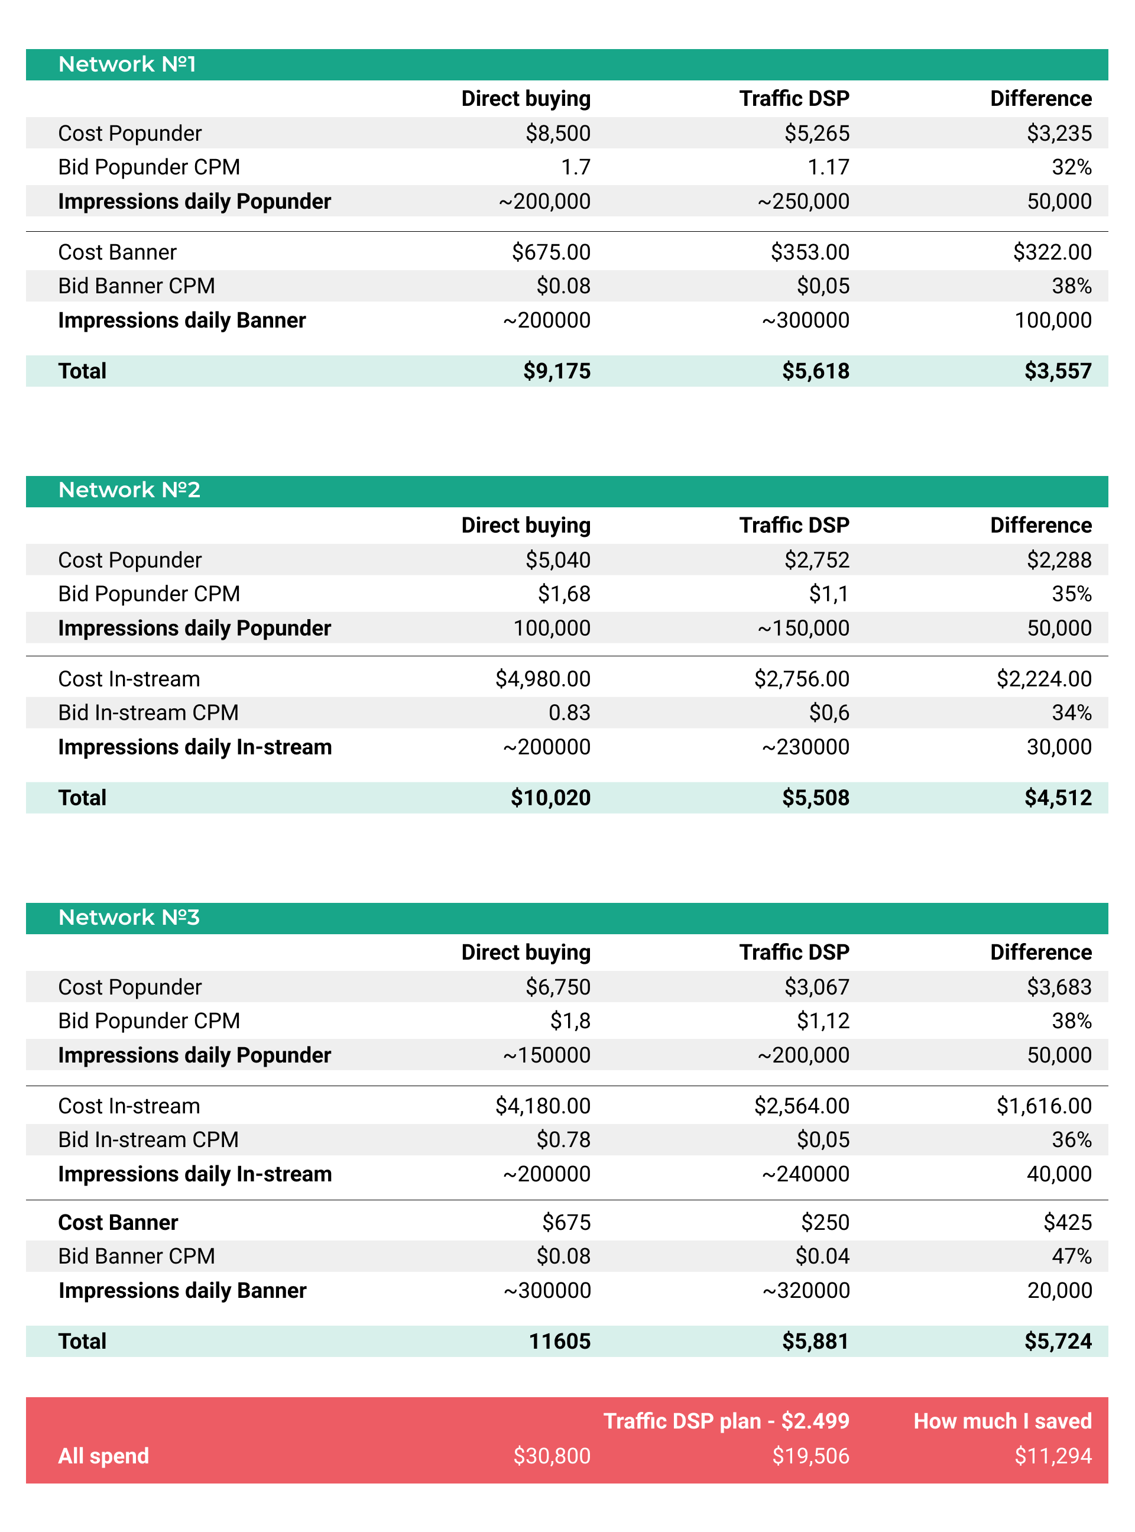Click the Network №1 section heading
127,64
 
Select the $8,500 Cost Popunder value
557,133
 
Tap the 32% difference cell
1071,167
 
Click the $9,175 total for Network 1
556,371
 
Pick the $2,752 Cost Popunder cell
816,560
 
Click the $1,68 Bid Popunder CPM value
563,594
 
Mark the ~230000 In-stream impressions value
805,747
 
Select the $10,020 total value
550,798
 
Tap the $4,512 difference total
1058,798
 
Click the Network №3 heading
128,918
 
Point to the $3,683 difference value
1059,987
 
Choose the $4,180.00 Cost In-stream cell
543,1106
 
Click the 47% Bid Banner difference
1071,1256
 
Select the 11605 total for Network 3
559,1341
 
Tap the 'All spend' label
103,1456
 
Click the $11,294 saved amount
1053,1456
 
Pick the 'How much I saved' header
1002,1421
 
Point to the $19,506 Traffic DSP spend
810,1456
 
